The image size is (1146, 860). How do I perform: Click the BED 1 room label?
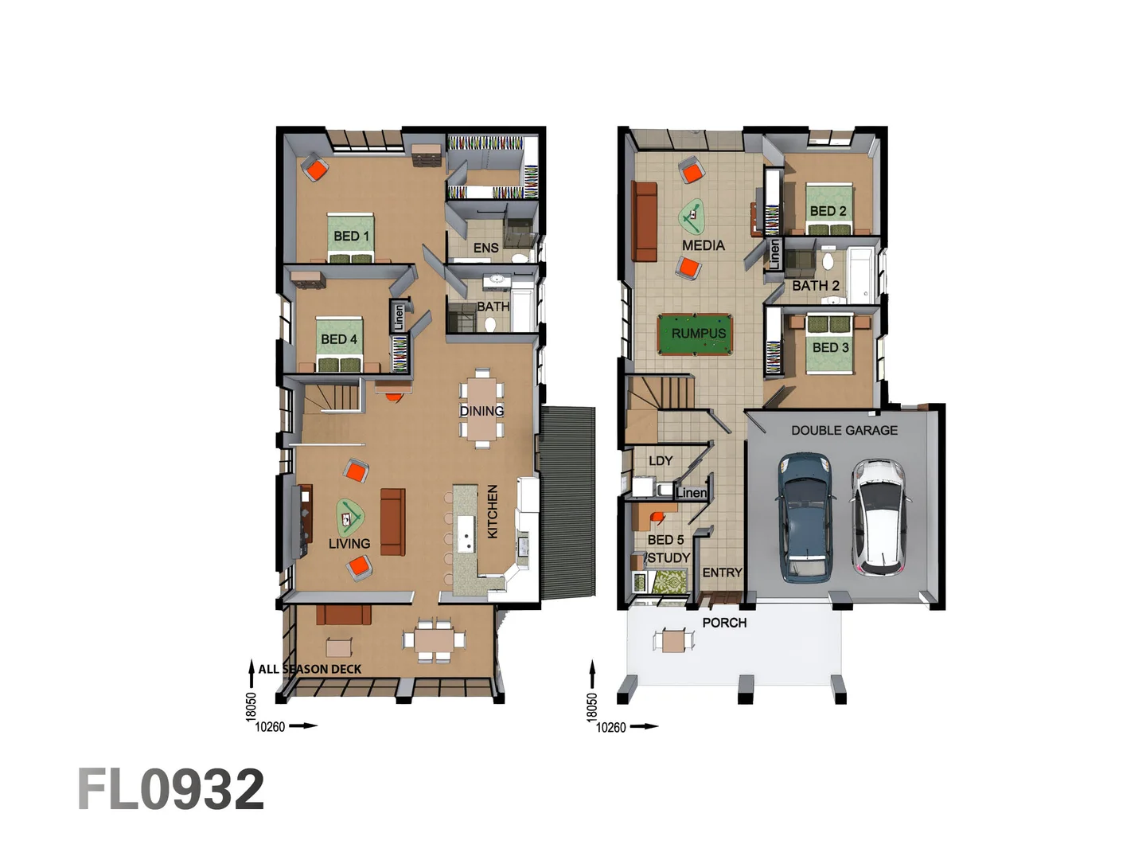351,236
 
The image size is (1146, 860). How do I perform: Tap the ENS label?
485,248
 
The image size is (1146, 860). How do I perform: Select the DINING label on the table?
481,411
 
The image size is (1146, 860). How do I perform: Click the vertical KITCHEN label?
493,511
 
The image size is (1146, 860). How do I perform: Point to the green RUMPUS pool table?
698,334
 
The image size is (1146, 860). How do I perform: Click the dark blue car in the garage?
805,515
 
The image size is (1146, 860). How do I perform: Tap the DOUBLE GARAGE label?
844,430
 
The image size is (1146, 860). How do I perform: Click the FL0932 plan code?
170,790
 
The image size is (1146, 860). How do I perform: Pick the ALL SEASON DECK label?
310,669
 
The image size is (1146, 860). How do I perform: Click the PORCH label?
724,623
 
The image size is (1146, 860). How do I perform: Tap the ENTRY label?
722,573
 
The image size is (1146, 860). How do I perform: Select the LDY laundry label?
661,460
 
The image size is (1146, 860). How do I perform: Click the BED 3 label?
830,347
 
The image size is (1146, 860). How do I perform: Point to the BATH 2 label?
815,285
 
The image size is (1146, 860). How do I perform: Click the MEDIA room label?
703,245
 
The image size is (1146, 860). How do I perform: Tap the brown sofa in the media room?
644,221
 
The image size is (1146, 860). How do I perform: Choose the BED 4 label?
338,339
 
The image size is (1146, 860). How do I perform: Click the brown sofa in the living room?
392,522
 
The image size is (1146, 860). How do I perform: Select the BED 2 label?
828,210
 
